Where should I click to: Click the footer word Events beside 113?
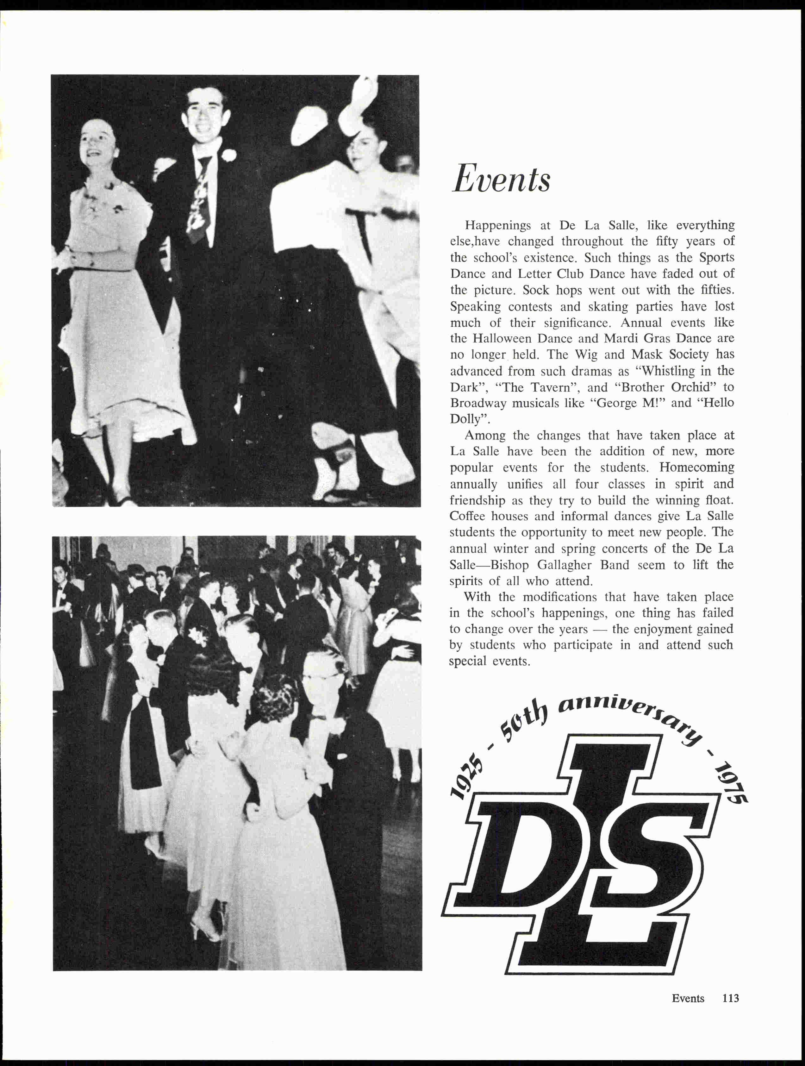pyautogui.click(x=688, y=998)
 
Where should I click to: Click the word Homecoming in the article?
pyautogui.click(x=696, y=467)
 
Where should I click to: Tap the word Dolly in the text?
pyautogui.click(x=465, y=419)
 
